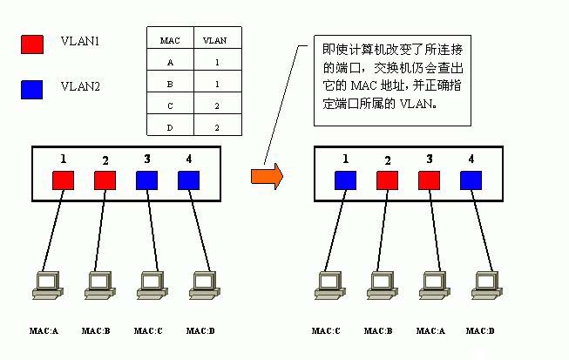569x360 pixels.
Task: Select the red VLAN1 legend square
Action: click(31, 44)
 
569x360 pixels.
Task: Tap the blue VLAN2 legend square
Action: click(31, 89)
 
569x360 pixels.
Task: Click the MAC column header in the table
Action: click(170, 40)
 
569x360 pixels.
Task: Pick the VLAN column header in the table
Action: click(214, 40)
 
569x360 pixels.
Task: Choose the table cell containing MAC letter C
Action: click(170, 105)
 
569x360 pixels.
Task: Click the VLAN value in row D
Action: click(214, 127)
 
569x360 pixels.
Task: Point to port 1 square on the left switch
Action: click(64, 180)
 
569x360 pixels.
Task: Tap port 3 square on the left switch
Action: click(147, 180)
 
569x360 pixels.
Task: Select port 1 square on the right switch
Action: click(346, 180)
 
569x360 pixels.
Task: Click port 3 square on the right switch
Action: click(430, 180)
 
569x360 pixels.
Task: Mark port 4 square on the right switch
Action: click(471, 180)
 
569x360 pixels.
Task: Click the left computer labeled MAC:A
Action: click(44, 285)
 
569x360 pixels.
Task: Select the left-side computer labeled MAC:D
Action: click(202, 285)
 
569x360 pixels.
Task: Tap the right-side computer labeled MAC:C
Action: click(328, 285)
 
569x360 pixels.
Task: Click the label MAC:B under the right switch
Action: click(378, 331)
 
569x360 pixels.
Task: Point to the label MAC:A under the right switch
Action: click(430, 331)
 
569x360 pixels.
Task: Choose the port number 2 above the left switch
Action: click(105, 160)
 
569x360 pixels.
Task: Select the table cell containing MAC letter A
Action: click(170, 62)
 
